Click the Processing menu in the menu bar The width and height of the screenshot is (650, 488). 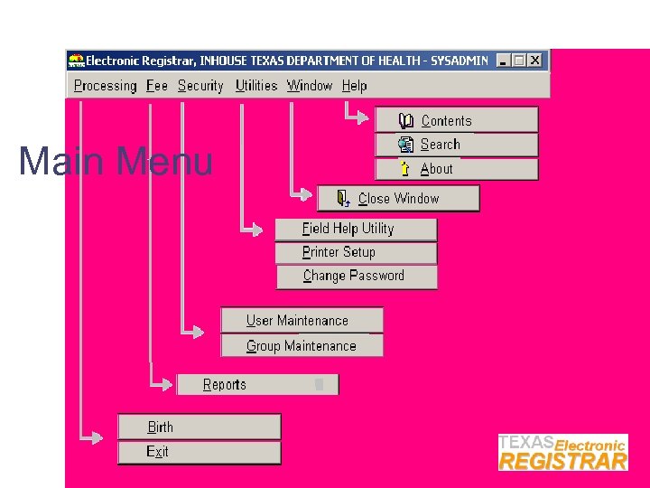pyautogui.click(x=105, y=86)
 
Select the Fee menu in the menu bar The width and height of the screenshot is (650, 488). pyautogui.click(x=157, y=86)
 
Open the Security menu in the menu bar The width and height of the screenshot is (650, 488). pyautogui.click(x=200, y=86)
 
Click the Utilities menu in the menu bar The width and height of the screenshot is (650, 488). pyautogui.click(x=255, y=86)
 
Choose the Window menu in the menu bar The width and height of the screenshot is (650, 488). pyautogui.click(x=310, y=86)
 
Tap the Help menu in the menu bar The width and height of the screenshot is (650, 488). pyautogui.click(x=354, y=86)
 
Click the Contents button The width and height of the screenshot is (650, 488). pyautogui.click(x=456, y=120)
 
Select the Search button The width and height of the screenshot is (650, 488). pyautogui.click(x=456, y=145)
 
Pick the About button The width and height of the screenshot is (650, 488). pyautogui.click(x=456, y=169)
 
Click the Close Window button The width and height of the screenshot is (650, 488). pyautogui.click(x=398, y=199)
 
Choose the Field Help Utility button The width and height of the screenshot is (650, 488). pyautogui.click(x=356, y=229)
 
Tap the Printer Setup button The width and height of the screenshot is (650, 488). pyautogui.click(x=356, y=253)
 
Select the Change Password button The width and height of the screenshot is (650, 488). pyautogui.click(x=356, y=277)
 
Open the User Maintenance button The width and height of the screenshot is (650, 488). pyautogui.click(x=302, y=321)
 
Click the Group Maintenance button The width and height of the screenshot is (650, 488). pyautogui.click(x=302, y=345)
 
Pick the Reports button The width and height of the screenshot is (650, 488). pyautogui.click(x=257, y=385)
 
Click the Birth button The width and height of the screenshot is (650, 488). pyautogui.click(x=199, y=427)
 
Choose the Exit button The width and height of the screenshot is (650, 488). pyautogui.click(x=199, y=452)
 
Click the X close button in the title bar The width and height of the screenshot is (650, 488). pyautogui.click(x=535, y=61)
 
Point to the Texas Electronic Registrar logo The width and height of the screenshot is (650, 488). pyautogui.click(x=562, y=452)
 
